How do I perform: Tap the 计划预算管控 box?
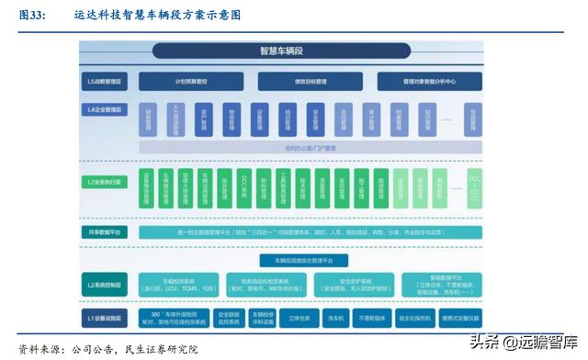(x=193, y=83)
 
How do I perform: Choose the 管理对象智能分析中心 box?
(x=429, y=83)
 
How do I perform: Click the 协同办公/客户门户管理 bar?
(x=311, y=147)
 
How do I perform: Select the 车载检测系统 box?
(x=179, y=285)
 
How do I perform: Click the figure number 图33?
(x=31, y=16)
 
